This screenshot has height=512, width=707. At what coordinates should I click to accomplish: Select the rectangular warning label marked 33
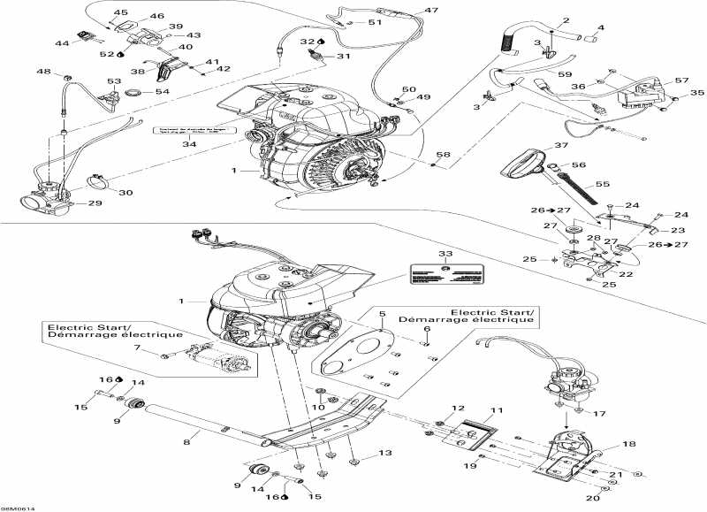pyautogui.click(x=449, y=272)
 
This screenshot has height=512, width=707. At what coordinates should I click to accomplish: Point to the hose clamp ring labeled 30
pyautogui.click(x=100, y=184)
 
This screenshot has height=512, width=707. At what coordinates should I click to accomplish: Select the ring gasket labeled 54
pyautogui.click(x=136, y=92)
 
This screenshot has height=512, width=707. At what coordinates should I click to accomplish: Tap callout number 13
pyautogui.click(x=384, y=453)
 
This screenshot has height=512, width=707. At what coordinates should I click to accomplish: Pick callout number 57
pyautogui.click(x=680, y=80)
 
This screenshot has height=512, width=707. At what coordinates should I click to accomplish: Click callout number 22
pyautogui.click(x=627, y=274)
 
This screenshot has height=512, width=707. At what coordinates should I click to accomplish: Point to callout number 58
pyautogui.click(x=444, y=155)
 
